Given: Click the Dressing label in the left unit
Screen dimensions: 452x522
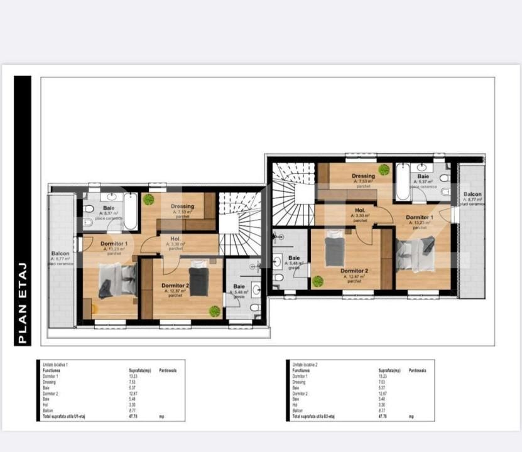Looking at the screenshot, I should tap(183, 207).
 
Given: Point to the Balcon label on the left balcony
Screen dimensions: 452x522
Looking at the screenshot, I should tap(61, 254).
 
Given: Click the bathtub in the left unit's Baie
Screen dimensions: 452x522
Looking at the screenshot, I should tap(130, 212).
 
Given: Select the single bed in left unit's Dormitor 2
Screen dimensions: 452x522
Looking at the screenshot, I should tap(199, 279).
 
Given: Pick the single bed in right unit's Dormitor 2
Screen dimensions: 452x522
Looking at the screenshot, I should tap(334, 248).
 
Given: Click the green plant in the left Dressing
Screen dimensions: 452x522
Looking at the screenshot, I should tap(148, 200).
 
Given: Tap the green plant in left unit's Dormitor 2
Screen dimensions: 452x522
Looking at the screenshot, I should tap(215, 311).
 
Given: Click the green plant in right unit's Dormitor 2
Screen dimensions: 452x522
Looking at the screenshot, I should tap(318, 281).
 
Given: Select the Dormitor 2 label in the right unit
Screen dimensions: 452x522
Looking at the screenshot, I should tap(354, 271).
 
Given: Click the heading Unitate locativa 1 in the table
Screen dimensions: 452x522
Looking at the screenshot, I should tap(55, 364).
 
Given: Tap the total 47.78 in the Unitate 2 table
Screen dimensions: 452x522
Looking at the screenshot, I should tap(382, 416).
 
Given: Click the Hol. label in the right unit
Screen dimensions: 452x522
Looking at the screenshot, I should tap(360, 211).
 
